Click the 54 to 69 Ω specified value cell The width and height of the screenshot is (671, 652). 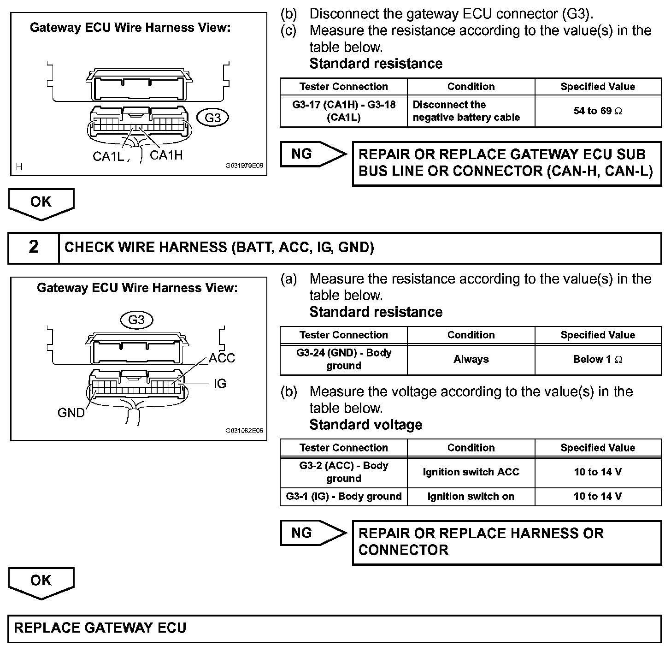(x=598, y=111)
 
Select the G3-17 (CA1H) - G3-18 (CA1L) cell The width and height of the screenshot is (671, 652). (x=344, y=111)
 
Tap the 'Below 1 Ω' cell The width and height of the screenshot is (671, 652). (x=598, y=360)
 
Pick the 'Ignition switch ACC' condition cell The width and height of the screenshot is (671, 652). (x=471, y=472)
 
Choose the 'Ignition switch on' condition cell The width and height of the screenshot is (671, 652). (x=471, y=497)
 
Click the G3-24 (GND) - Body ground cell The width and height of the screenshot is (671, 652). (x=344, y=360)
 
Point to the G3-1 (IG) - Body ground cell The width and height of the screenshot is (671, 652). (x=344, y=497)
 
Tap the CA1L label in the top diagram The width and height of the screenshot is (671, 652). (x=108, y=156)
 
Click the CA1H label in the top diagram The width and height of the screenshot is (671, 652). (x=166, y=155)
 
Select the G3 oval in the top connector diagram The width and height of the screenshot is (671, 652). (x=212, y=118)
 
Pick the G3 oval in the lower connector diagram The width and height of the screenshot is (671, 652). (x=136, y=320)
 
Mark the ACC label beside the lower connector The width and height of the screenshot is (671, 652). (x=222, y=358)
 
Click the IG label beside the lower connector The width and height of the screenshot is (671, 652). (x=220, y=384)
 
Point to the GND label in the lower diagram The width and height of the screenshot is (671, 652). (x=71, y=413)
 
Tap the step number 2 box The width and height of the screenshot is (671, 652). (x=34, y=248)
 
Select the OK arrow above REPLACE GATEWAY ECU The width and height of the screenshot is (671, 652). (x=41, y=582)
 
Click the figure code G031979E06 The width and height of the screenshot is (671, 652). (x=244, y=166)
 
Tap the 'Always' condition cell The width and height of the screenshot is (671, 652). (x=471, y=360)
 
